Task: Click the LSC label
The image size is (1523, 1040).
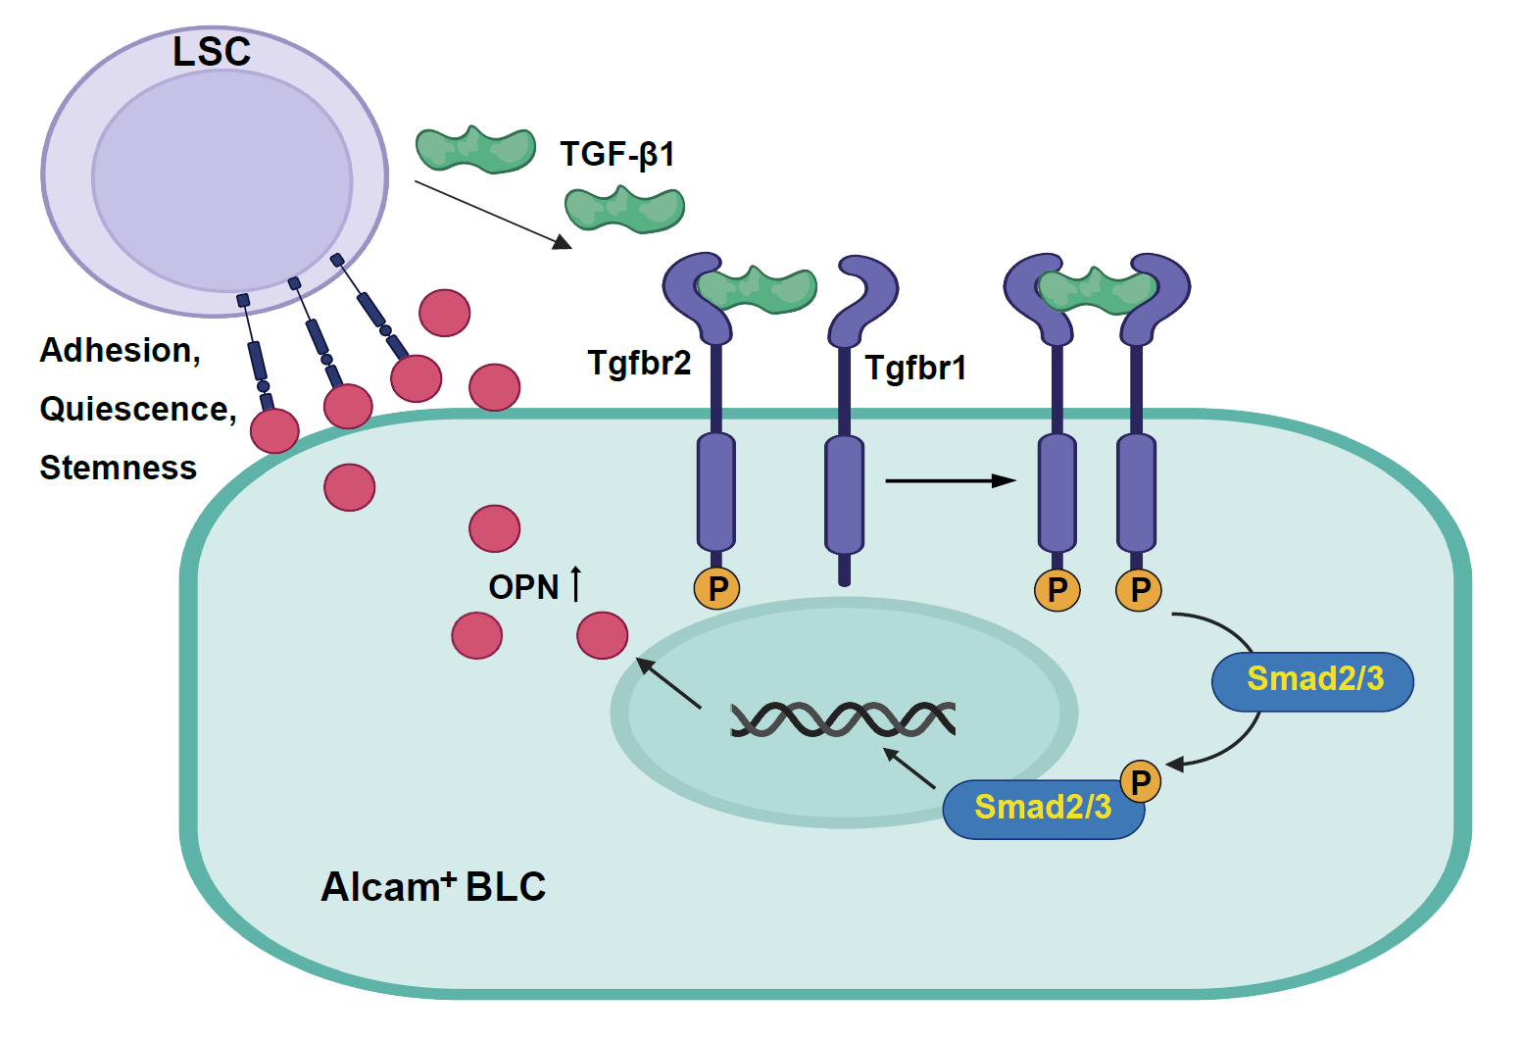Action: click(212, 52)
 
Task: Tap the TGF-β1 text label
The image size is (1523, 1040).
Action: click(616, 155)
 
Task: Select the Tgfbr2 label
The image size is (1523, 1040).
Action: click(639, 364)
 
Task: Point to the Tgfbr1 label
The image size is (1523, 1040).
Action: click(915, 369)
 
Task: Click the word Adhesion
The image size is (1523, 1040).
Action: click(120, 350)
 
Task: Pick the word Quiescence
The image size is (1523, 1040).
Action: click(136, 409)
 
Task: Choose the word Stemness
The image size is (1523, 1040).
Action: click(118, 468)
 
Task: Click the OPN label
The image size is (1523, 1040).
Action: click(523, 587)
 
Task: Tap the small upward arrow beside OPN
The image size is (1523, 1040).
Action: click(576, 583)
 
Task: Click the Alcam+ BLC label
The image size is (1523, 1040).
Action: click(433, 886)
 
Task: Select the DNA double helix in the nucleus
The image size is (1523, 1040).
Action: click(843, 719)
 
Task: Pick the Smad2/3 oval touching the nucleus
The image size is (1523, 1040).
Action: click(1042, 809)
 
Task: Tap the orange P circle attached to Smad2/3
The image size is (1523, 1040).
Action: click(1140, 781)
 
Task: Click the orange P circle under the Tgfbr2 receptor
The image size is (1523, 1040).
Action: click(717, 589)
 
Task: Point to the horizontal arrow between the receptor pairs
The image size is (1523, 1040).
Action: click(950, 480)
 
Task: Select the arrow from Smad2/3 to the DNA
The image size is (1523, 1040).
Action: click(909, 768)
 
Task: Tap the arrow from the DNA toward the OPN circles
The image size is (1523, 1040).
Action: click(669, 682)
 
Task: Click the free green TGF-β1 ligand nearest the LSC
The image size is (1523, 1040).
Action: click(475, 149)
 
